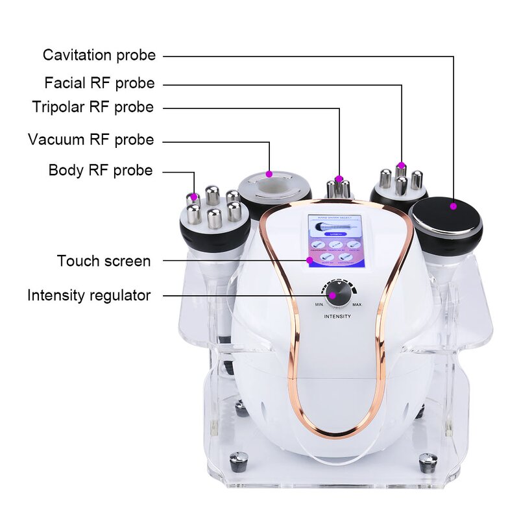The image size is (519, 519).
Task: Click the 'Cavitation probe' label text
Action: coord(99,55)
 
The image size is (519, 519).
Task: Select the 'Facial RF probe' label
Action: coord(99,83)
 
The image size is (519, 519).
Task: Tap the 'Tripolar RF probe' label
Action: coord(93,107)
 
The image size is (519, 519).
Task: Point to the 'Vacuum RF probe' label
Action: coord(91,139)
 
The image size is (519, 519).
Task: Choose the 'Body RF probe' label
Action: coord(101,171)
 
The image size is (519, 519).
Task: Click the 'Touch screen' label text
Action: coord(104,261)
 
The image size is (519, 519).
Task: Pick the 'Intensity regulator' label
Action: coord(89,295)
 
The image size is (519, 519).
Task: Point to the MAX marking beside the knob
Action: coord(357,304)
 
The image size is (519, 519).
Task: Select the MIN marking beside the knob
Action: coord(319,304)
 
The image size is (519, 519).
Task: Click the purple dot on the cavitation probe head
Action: coord(453,206)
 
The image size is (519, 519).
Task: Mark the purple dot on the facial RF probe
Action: coord(402,165)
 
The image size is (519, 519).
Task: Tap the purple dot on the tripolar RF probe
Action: coord(339,178)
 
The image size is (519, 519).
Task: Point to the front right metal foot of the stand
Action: coord(428,462)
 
